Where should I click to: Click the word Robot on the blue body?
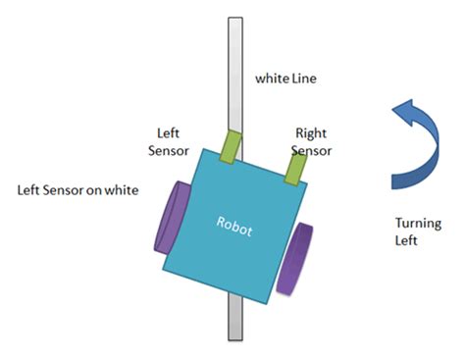[x=234, y=227]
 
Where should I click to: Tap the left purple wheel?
[x=171, y=218]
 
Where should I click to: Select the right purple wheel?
[x=294, y=259]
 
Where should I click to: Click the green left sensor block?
[x=231, y=147]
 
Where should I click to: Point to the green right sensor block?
[x=296, y=170]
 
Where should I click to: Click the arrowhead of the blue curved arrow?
[x=405, y=112]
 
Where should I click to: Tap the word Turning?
[x=418, y=224]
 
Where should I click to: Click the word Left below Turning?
[x=406, y=240]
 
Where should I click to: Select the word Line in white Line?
[x=304, y=78]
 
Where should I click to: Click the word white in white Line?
[x=272, y=78]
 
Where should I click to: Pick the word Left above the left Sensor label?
[x=168, y=133]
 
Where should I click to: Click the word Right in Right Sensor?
[x=311, y=133]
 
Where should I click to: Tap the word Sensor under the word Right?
[x=311, y=151]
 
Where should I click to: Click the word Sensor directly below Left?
[x=169, y=151]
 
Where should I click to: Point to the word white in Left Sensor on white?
[x=122, y=190]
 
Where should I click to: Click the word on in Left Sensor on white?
[x=94, y=190]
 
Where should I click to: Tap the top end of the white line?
[x=235, y=18]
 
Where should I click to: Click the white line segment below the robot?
[x=235, y=317]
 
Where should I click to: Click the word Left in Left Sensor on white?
[x=28, y=190]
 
